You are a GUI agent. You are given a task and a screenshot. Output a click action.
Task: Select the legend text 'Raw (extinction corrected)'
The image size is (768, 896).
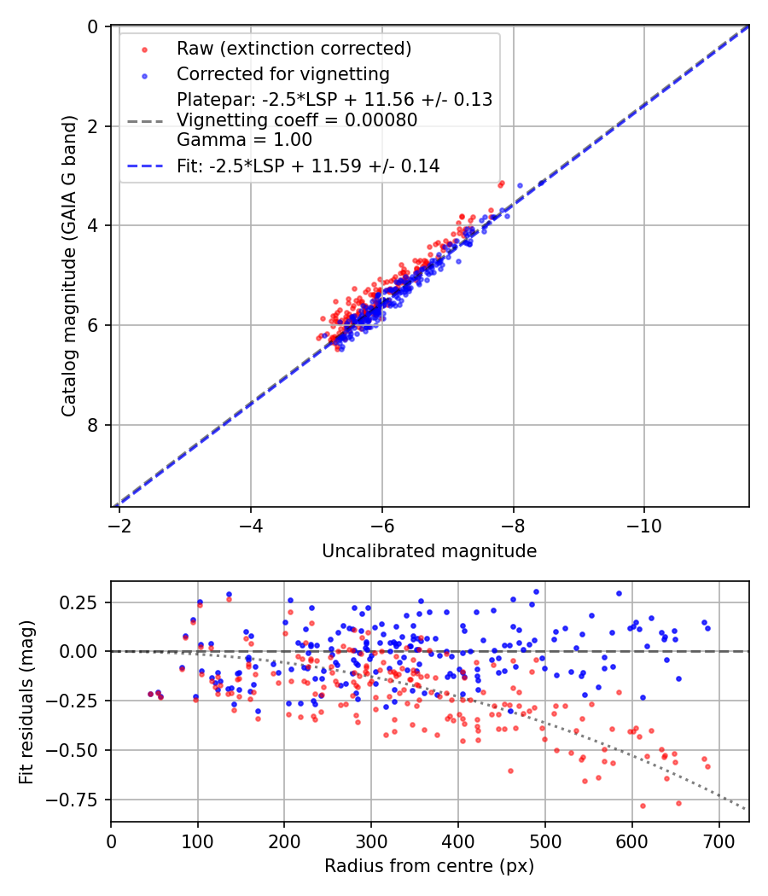(294, 49)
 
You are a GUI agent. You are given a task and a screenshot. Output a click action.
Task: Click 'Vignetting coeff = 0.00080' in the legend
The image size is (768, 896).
(297, 120)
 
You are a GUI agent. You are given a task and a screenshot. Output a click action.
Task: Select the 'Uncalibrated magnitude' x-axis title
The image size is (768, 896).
(429, 551)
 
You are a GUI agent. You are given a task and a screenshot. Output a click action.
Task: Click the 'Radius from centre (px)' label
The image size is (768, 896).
(429, 865)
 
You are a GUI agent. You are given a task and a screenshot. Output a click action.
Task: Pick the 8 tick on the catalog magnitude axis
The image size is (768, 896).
(95, 425)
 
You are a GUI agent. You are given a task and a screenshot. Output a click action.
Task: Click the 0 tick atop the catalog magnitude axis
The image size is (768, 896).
(95, 26)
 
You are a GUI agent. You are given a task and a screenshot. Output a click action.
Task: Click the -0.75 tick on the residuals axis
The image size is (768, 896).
(79, 800)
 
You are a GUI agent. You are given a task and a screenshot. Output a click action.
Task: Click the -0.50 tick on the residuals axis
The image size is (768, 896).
(79, 750)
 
